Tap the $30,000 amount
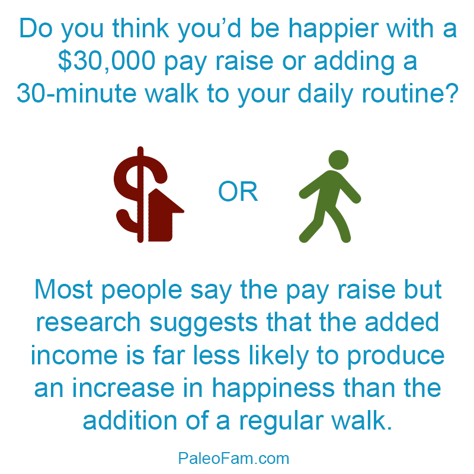107,62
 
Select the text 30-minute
76,94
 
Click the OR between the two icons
238,191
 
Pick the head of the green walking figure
338,160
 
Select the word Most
63,290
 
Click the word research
88,322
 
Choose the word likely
278,357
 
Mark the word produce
395,357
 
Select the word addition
130,421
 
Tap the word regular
281,422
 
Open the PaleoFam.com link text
233,458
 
